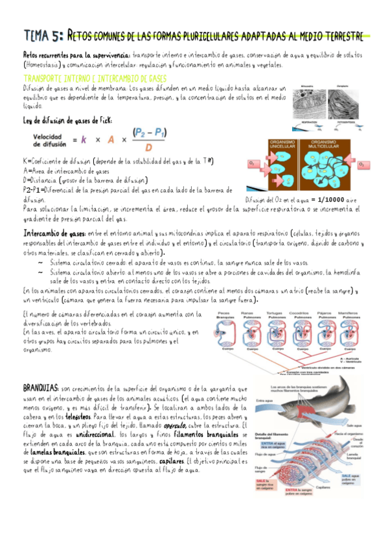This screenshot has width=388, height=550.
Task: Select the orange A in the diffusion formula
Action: pos(111,140)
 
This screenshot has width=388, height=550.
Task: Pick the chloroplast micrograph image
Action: pos(341,102)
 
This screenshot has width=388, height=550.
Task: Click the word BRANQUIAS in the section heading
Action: pos(41,387)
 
